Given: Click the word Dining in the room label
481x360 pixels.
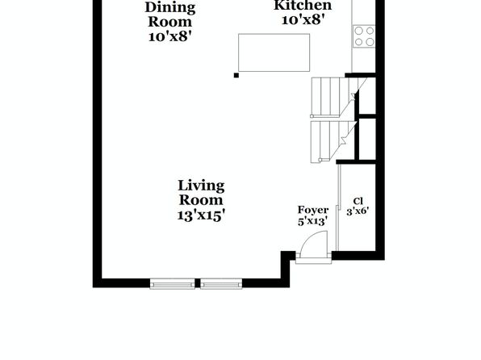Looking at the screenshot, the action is (x=170, y=8).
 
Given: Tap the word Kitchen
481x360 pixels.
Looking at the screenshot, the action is (x=303, y=5).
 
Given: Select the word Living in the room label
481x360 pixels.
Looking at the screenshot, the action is (x=201, y=186).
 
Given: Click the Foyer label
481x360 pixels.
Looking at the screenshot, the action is (x=313, y=210).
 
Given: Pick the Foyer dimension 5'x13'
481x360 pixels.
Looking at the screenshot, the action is (x=313, y=221).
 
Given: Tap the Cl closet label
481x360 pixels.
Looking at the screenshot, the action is (x=358, y=201).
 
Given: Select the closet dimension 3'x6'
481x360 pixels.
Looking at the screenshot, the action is (x=358, y=211).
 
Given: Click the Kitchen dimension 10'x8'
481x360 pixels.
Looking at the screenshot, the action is (x=303, y=20).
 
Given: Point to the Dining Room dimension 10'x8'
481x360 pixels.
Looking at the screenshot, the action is (x=170, y=37).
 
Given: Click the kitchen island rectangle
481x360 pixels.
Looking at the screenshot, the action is (x=274, y=52).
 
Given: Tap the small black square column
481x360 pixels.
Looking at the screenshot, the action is (x=236, y=75).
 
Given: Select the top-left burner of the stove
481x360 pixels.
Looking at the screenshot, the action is (x=359, y=31).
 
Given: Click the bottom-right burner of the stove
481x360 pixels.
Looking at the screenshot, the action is (x=370, y=42).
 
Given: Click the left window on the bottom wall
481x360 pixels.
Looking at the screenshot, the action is (x=173, y=284).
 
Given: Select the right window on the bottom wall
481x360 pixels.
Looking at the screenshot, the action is (x=221, y=284).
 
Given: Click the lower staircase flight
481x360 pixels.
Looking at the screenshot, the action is (x=333, y=141).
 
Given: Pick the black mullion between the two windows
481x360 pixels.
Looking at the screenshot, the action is (x=198, y=283).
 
